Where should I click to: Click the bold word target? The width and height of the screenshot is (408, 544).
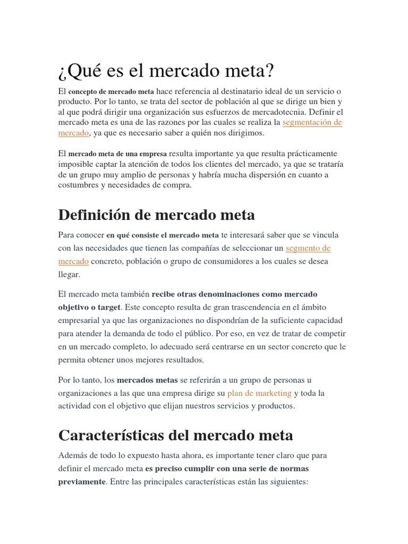[108, 307]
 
